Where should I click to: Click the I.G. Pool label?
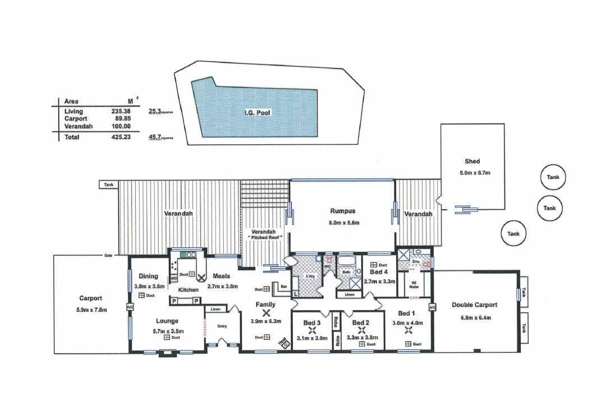tap(257, 113)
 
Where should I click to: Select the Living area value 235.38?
tap(121, 112)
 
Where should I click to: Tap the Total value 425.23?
tap(121, 136)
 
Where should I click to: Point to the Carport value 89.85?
tap(121, 119)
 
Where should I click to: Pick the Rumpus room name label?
tap(342, 211)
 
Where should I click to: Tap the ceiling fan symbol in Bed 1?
tap(408, 330)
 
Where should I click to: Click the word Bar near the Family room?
tap(283, 286)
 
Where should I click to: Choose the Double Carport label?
tap(474, 305)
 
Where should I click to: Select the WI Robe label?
tap(414, 284)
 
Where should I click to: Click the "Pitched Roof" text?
tap(265, 238)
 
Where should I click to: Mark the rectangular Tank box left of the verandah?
tap(108, 184)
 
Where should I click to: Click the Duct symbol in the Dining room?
tap(141, 295)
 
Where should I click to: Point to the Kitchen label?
tap(189, 289)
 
